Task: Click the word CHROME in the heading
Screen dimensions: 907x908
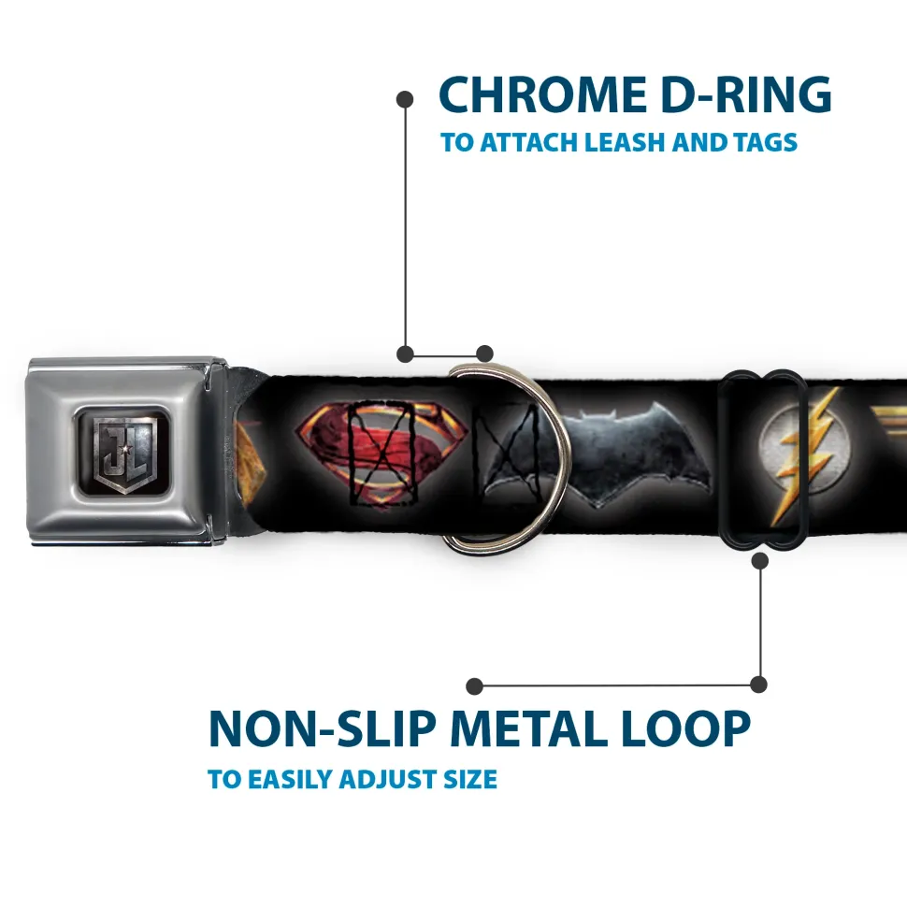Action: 542,95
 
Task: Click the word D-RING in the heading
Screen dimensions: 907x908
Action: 746,95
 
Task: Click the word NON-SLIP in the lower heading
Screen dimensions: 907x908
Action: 322,729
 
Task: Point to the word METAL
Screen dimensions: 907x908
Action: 528,729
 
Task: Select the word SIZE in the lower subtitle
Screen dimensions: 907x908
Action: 469,779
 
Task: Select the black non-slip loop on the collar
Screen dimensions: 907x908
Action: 761,458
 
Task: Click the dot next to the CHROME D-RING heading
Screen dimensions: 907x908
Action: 405,100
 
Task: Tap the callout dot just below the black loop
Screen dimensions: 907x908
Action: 759,560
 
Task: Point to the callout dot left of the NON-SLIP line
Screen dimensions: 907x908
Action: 474,686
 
